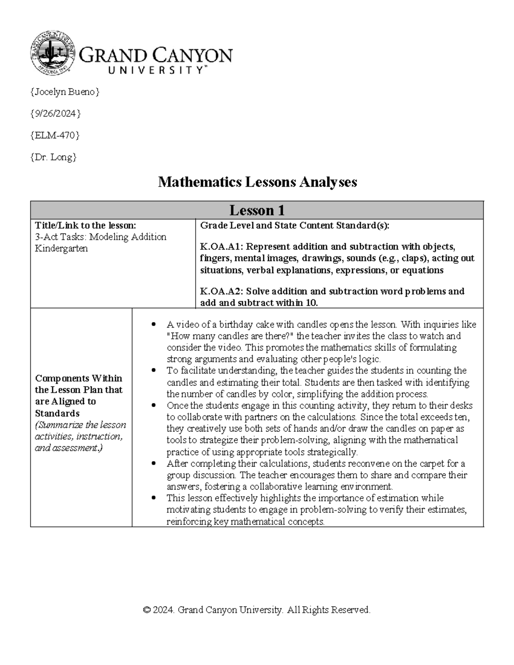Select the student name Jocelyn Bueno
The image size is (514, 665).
(65, 92)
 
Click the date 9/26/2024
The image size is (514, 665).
(55, 113)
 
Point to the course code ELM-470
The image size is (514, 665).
(55, 135)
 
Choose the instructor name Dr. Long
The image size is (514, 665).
(54, 157)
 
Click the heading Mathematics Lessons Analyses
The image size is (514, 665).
(257, 182)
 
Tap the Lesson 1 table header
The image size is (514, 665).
(257, 210)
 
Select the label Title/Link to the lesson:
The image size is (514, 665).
(85, 225)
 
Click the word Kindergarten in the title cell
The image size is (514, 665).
(61, 248)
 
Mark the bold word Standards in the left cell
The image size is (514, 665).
(57, 413)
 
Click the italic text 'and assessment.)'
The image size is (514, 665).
(69, 448)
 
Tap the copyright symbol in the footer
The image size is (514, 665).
(147, 610)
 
